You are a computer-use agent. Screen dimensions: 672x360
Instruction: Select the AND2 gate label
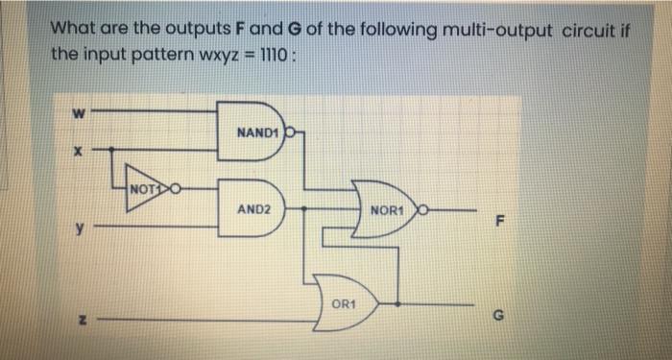pos(254,209)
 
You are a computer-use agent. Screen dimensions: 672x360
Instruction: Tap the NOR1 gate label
pos(388,211)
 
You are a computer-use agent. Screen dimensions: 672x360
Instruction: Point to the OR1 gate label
pos(344,304)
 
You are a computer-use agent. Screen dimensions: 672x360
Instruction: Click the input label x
pos(78,151)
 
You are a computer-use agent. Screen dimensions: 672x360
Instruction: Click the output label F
pos(499,222)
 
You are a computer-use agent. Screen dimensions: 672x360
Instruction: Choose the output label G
pos(497,316)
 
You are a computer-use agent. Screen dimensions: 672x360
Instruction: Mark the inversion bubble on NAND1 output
pos(290,132)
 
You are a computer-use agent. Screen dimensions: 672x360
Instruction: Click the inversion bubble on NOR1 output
pos(422,210)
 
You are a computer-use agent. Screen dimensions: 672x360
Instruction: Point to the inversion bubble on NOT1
pos(176,188)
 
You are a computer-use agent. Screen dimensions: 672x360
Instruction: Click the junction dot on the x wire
pos(112,150)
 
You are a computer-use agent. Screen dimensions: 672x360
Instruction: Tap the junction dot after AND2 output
pos(304,208)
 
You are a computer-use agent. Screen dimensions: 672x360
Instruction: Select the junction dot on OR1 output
pos(398,304)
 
